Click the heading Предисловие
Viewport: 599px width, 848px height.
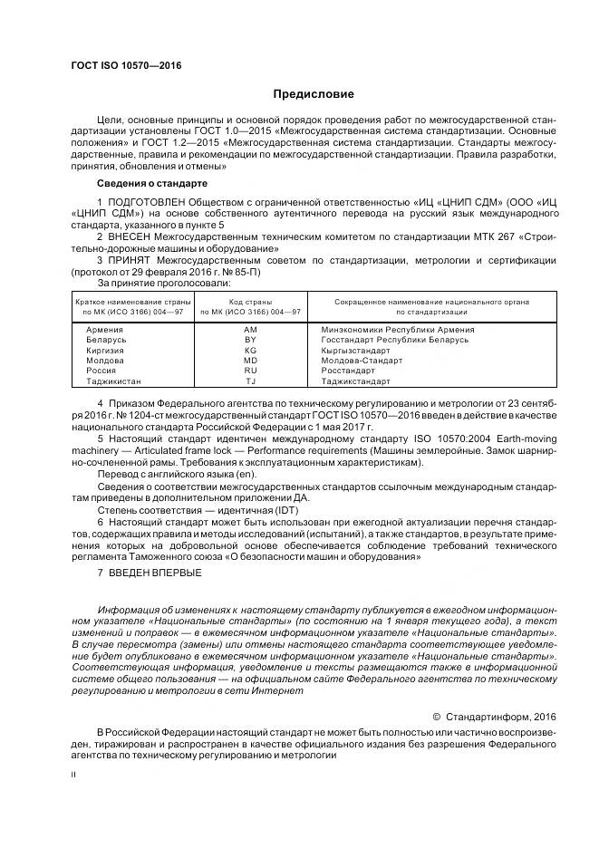pyautogui.click(x=314, y=94)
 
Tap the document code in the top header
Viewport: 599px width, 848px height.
pyautogui.click(x=125, y=66)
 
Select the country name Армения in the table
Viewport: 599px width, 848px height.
pyautogui.click(x=105, y=330)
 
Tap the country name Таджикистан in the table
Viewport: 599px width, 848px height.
pyautogui.click(x=113, y=381)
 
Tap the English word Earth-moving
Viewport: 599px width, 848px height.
pyautogui.click(x=526, y=438)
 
